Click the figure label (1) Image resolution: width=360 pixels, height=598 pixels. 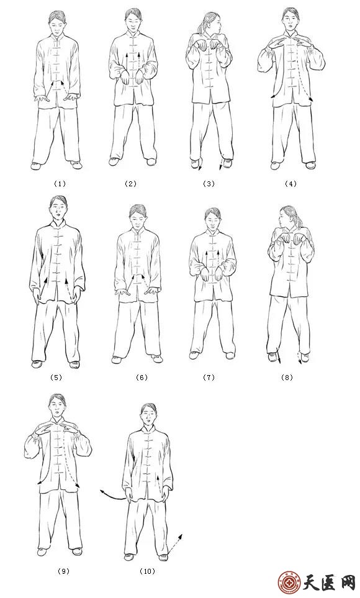pos(60,184)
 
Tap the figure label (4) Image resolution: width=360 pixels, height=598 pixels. pos(290,184)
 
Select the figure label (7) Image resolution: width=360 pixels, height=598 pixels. pos(209,378)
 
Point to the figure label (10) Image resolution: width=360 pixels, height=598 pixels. pos(147,571)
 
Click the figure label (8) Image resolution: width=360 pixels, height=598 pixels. pos(287,378)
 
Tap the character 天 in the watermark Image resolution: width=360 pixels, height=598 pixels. pos(311,583)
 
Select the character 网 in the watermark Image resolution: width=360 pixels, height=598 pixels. pos(346,583)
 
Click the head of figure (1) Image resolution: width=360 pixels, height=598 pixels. pos(57,23)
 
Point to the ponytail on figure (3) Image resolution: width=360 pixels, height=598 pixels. pos(202,25)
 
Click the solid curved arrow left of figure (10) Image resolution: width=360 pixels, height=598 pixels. pos(112,495)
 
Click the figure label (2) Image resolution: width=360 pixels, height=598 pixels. pos(130,184)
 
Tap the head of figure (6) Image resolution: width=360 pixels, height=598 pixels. pos(137,217)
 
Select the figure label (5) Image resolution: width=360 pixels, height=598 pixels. pos(56,378)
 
